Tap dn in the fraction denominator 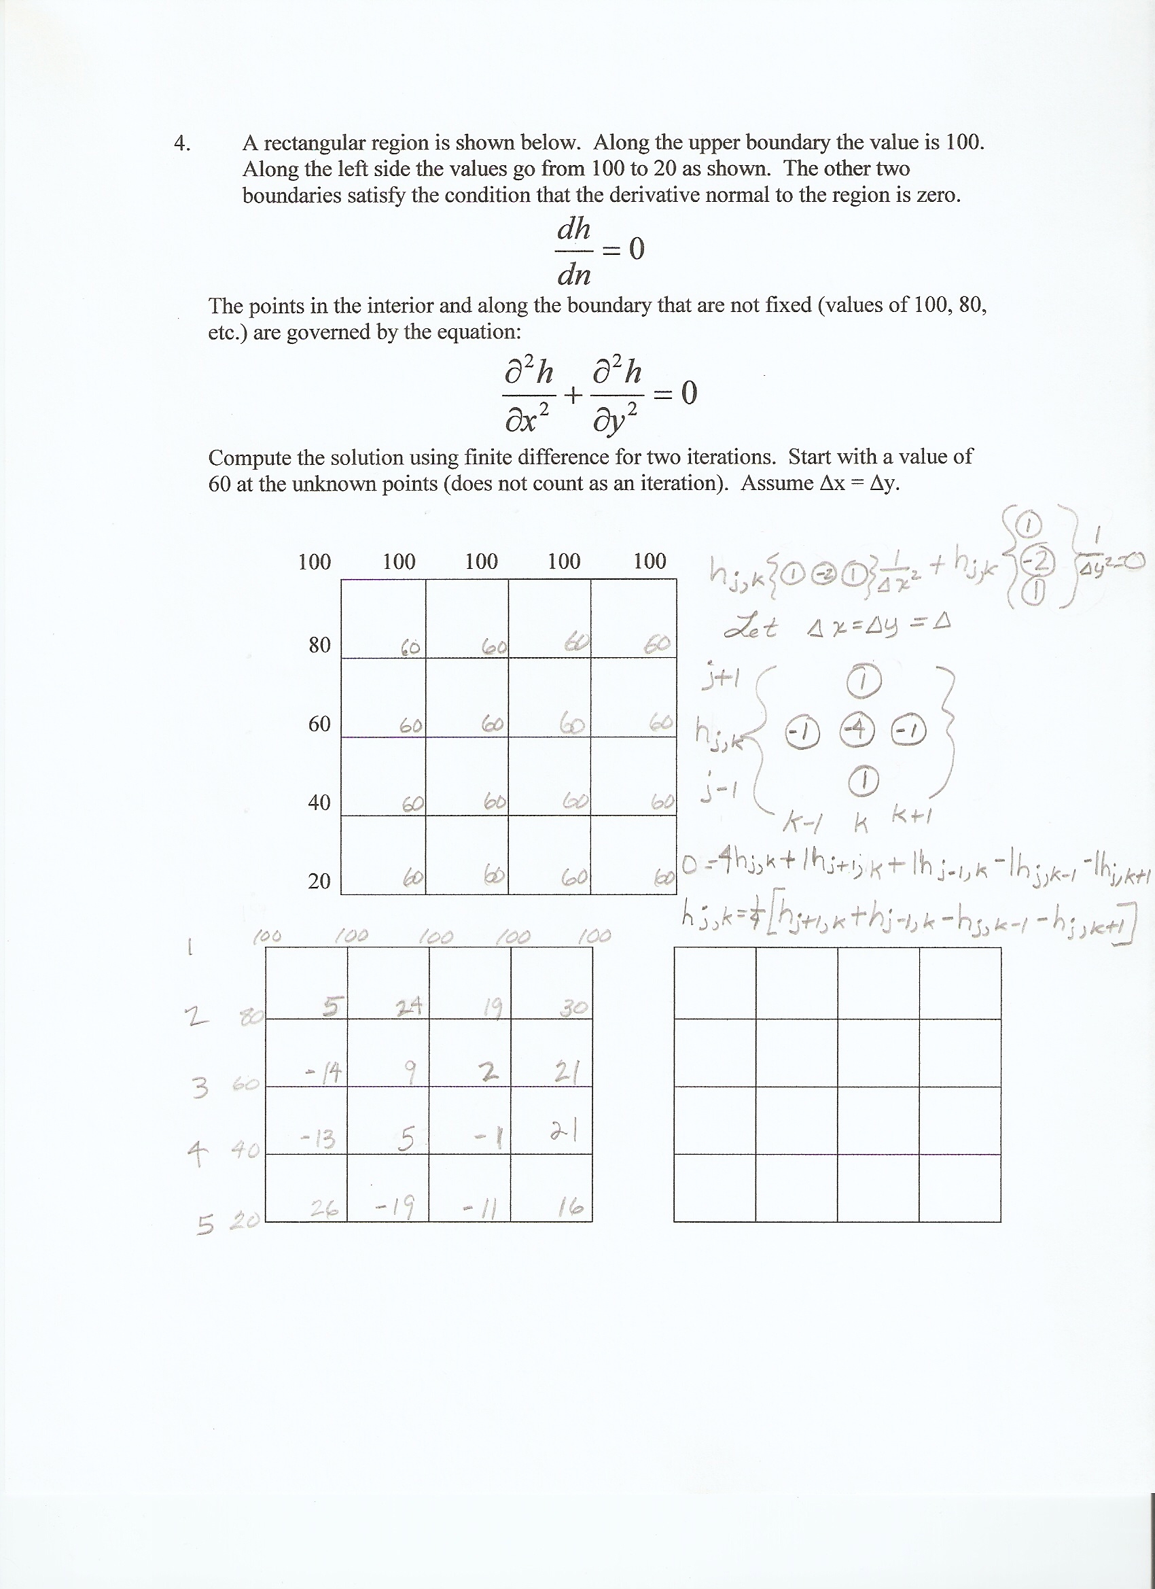click(x=573, y=275)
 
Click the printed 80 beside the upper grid click(x=319, y=644)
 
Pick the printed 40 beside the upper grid click(x=319, y=802)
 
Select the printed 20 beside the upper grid click(x=319, y=881)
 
